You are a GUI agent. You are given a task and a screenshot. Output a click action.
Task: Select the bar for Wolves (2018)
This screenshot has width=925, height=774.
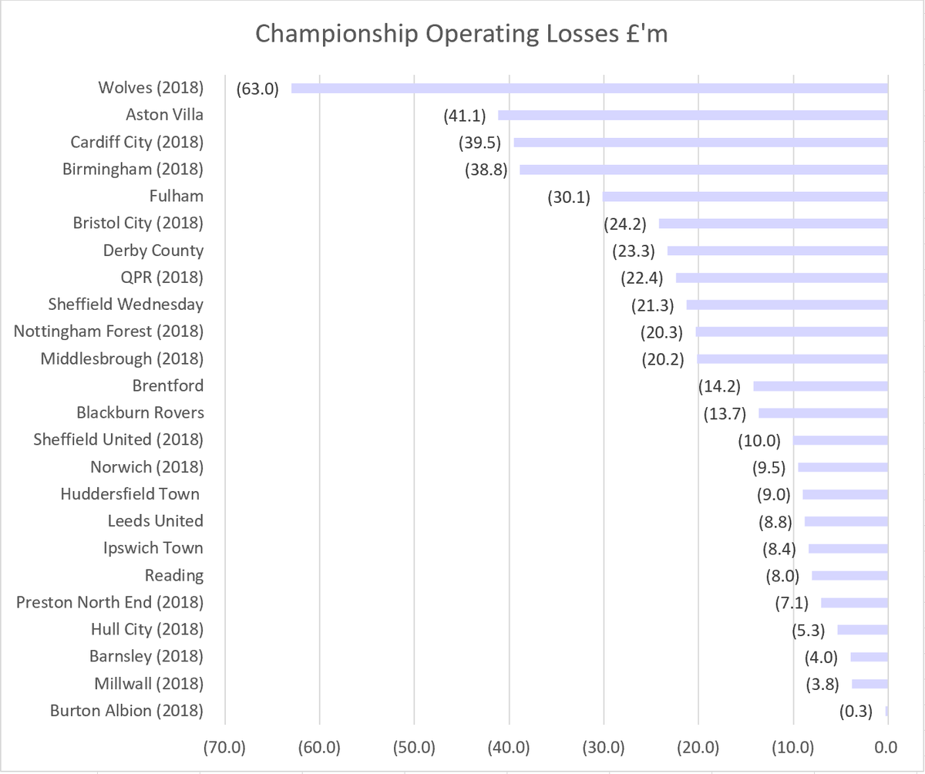tap(590, 89)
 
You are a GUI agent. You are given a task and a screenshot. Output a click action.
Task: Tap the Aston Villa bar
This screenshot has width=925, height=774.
tap(693, 116)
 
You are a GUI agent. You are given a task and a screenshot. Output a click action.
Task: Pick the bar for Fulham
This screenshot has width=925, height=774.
tap(745, 197)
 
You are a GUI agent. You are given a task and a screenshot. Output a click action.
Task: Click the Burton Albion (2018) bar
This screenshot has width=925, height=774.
tap(887, 711)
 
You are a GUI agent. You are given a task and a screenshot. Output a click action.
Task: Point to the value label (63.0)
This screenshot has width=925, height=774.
tap(257, 89)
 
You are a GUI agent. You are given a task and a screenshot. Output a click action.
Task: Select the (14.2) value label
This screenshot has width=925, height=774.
tap(720, 386)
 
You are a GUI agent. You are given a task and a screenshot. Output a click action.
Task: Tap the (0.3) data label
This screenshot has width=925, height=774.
tap(856, 711)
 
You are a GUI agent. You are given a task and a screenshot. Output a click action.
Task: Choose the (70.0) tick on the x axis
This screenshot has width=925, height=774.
tap(225, 747)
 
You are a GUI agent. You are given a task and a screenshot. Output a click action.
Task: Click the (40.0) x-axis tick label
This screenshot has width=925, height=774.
tap(509, 747)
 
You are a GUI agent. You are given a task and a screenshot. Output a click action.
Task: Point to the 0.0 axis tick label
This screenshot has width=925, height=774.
tap(886, 747)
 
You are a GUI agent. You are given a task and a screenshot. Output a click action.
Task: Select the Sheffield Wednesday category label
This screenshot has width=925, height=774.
tap(126, 305)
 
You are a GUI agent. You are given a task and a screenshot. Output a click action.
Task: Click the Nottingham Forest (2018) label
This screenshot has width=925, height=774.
tap(109, 331)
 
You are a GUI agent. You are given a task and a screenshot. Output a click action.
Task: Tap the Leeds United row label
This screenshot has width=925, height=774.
tap(156, 521)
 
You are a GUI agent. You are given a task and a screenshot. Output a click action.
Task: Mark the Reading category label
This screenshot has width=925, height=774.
tap(174, 575)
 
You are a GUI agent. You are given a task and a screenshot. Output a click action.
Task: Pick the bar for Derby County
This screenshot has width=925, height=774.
tap(778, 251)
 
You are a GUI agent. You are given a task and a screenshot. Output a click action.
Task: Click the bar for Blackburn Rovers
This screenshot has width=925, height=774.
tap(823, 413)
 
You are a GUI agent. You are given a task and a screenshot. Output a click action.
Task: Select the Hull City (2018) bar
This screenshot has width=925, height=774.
tap(863, 630)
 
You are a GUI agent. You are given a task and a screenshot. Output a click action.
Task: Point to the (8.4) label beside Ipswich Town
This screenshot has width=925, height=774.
tap(779, 548)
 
